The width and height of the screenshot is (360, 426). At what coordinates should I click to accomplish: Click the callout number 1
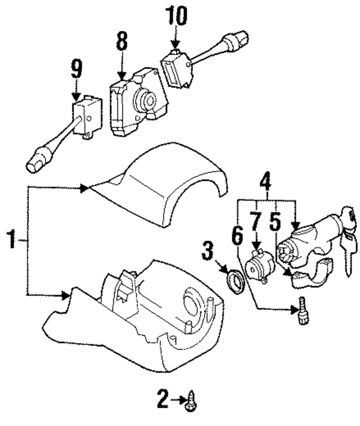10,241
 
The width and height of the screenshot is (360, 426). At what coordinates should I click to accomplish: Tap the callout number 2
163,400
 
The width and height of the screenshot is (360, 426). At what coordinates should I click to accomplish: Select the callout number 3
208,251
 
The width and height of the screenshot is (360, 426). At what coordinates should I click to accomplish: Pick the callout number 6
238,233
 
